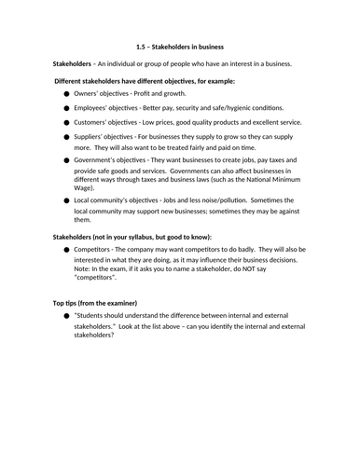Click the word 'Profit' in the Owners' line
click(x=143, y=95)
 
